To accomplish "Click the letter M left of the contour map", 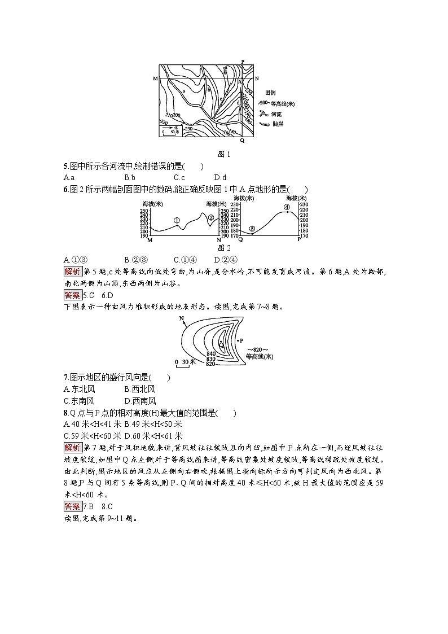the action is pyautogui.click(x=155, y=78).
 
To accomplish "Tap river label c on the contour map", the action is pyautogui.click(x=221, y=98).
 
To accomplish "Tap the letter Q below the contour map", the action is pyautogui.click(x=242, y=140).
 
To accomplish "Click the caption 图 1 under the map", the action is pyautogui.click(x=224, y=154).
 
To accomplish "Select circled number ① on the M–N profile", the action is pyautogui.click(x=177, y=220).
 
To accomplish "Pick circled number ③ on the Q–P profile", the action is pyautogui.click(x=252, y=229).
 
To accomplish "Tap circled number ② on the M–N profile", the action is pyautogui.click(x=211, y=217).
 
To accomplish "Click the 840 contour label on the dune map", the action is pyautogui.click(x=211, y=353).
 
